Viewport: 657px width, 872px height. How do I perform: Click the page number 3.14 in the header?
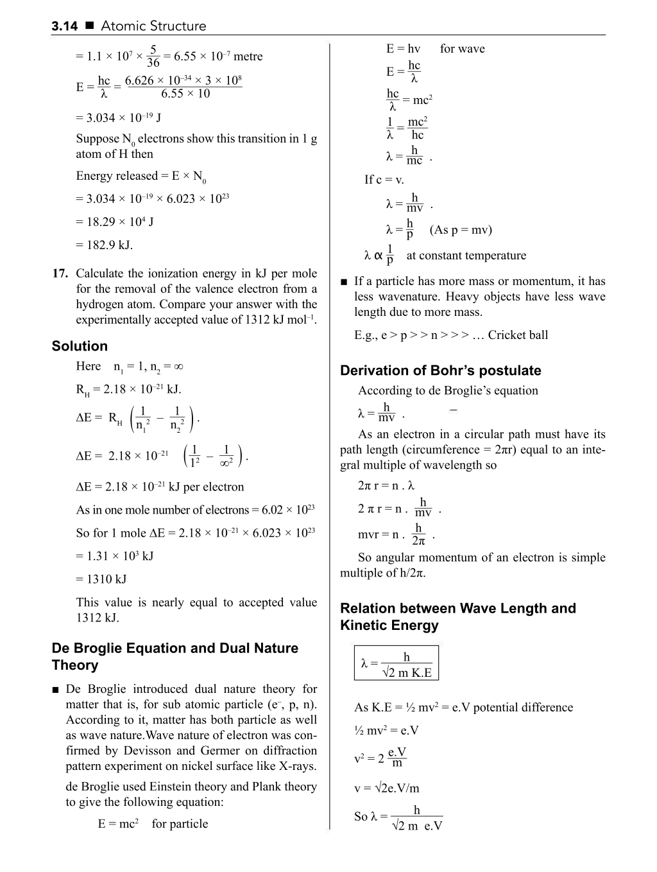click(x=64, y=26)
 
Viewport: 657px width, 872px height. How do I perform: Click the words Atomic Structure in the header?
click(x=153, y=26)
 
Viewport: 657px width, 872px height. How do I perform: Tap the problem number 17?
click(x=60, y=274)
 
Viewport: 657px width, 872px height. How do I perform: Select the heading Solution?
click(x=80, y=346)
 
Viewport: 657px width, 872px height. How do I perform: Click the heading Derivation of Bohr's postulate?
click(x=440, y=371)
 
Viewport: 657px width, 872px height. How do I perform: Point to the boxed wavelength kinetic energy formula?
click(x=397, y=663)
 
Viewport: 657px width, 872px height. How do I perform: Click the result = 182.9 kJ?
click(x=104, y=245)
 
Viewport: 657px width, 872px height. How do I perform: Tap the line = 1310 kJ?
click(x=101, y=579)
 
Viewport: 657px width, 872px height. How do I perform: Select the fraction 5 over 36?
click(x=153, y=57)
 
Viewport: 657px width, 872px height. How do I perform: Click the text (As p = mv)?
click(x=461, y=230)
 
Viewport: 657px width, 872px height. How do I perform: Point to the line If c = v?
click(x=384, y=180)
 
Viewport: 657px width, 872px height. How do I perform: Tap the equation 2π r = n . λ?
click(x=386, y=486)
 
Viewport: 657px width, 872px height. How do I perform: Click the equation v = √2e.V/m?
click(x=386, y=789)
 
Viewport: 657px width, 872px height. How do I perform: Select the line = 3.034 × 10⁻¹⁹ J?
click(x=118, y=118)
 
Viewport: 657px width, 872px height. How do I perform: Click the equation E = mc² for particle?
click(x=153, y=824)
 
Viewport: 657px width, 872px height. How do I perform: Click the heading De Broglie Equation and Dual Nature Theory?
click(x=175, y=656)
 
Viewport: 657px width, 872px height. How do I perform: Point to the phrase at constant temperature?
click(x=466, y=256)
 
